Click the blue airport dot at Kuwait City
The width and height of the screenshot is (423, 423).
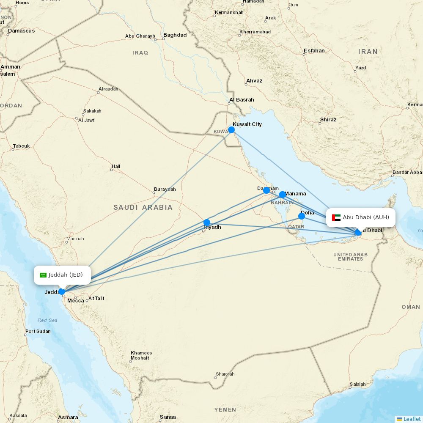pyautogui.click(x=231, y=130)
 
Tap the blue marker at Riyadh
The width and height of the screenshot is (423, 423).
pyautogui.click(x=207, y=222)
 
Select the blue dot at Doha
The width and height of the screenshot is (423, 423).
pyautogui.click(x=302, y=216)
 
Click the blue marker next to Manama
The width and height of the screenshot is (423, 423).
pyautogui.click(x=283, y=195)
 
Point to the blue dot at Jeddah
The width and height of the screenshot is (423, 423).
pyautogui.click(x=62, y=291)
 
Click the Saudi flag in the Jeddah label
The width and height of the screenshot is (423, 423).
pyautogui.click(x=43, y=275)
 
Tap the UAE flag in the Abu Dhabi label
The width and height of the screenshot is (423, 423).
pyautogui.click(x=336, y=217)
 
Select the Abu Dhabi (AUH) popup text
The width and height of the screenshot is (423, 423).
pyautogui.click(x=366, y=217)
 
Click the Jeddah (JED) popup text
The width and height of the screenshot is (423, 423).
pyautogui.click(x=66, y=275)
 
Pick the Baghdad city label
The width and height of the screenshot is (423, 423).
pyautogui.click(x=175, y=35)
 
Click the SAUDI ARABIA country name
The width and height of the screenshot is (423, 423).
pyautogui.click(x=143, y=207)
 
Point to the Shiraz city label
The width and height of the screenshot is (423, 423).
pyautogui.click(x=328, y=120)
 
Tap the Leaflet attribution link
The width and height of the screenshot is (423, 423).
pyautogui.click(x=412, y=419)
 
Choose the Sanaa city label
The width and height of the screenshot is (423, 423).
pyautogui.click(x=168, y=417)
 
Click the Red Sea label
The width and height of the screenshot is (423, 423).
pyautogui.click(x=47, y=320)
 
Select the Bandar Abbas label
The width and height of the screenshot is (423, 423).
pyautogui.click(x=407, y=172)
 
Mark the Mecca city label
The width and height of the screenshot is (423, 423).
pyautogui.click(x=76, y=301)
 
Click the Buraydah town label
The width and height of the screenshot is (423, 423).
pyautogui.click(x=165, y=189)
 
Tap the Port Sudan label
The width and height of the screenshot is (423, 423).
pyautogui.click(x=38, y=331)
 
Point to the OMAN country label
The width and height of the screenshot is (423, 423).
pyautogui.click(x=410, y=307)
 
